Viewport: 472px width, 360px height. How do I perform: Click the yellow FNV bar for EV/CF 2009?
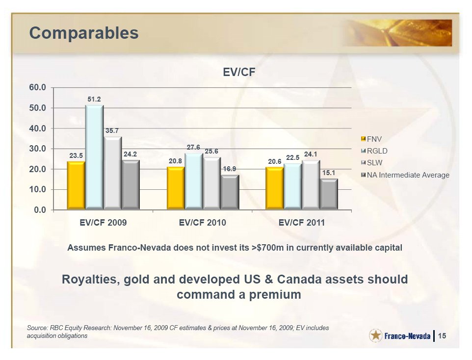coord(76,185)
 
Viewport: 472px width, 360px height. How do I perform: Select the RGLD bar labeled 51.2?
coord(94,157)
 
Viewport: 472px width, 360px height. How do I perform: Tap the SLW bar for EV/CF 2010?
coord(211,183)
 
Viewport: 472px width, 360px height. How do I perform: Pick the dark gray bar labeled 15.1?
coord(329,194)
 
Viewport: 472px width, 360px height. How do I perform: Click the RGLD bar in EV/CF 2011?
coord(293,187)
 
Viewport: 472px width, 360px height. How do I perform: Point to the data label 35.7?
coord(112,131)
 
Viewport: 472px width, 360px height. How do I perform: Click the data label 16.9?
coord(230,169)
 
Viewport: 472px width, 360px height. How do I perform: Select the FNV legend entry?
coord(371,139)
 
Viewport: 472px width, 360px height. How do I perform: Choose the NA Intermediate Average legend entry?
coord(405,175)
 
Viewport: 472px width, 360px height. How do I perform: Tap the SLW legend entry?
coord(372,163)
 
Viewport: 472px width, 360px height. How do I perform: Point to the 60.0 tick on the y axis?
coord(37,88)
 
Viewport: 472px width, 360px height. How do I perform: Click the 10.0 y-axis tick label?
coord(37,190)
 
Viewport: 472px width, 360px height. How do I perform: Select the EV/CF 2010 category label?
coord(203,223)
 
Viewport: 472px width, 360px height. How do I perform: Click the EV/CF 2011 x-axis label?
coord(302,223)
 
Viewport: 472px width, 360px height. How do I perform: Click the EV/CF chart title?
coord(239,72)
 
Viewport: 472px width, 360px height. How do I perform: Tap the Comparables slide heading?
coord(84,33)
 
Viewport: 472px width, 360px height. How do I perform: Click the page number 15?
coord(442,335)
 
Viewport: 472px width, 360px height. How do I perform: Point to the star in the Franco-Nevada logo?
coord(376,335)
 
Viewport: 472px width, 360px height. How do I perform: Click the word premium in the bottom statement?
coord(275,295)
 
